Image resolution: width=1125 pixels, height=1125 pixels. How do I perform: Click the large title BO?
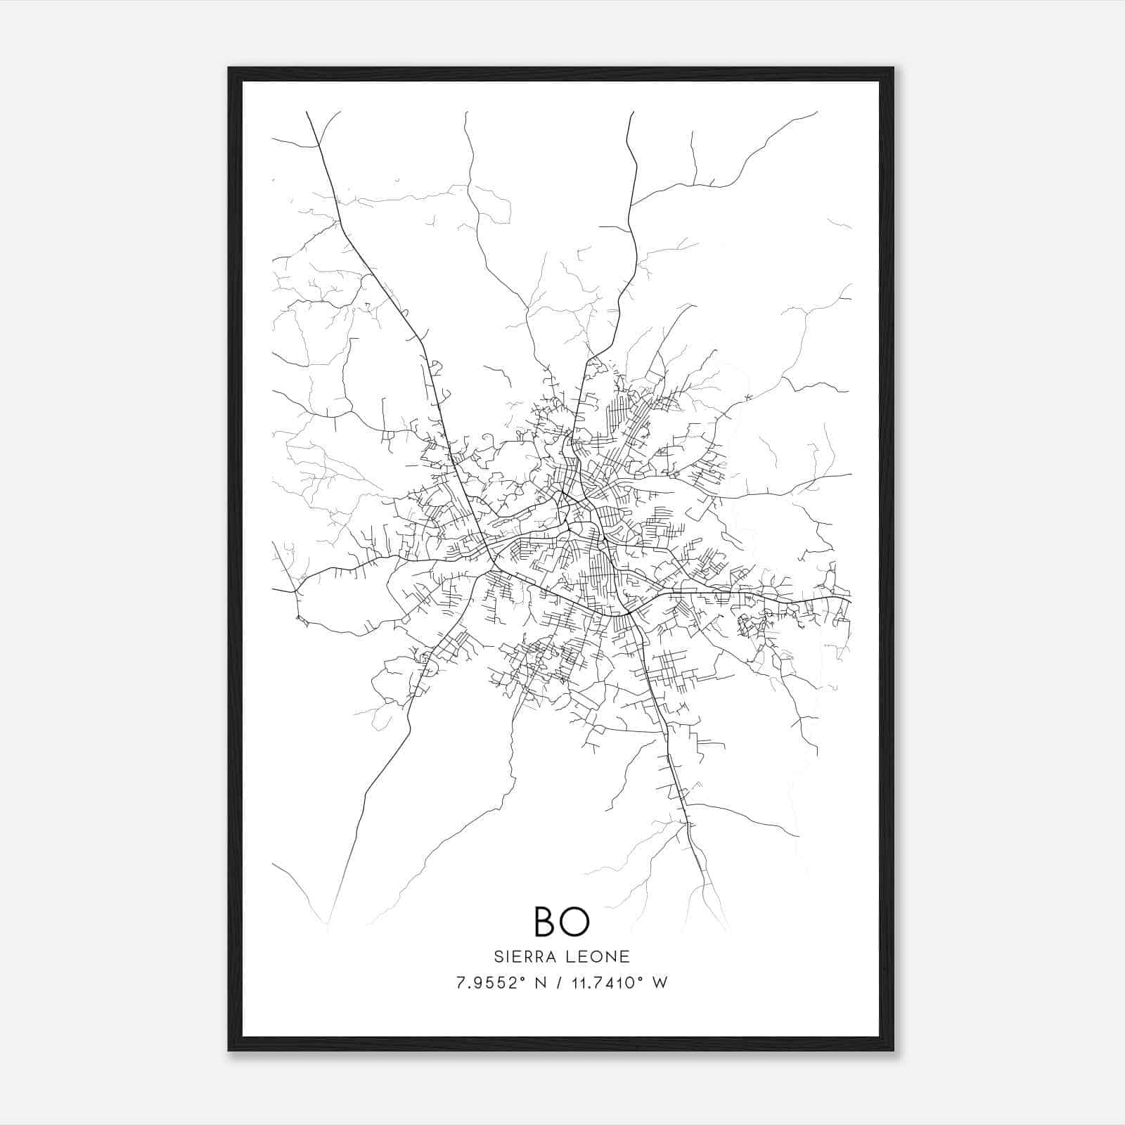click(561, 921)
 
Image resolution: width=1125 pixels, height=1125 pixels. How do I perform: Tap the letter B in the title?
click(546, 921)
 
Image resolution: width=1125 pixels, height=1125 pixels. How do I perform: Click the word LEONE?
click(597, 956)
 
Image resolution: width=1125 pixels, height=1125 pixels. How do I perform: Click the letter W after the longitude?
click(659, 983)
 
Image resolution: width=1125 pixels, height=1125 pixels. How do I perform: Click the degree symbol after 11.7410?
click(638, 979)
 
